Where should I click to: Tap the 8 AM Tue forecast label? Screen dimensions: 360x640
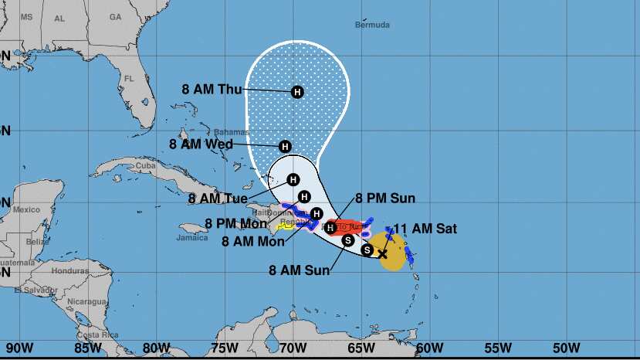pos(218,199)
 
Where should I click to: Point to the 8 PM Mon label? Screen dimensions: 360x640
pos(235,223)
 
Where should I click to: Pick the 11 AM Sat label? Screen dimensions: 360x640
pos(425,228)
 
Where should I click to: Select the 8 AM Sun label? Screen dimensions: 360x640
pos(299,270)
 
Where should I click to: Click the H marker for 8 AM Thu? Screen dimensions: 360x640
pos(298,92)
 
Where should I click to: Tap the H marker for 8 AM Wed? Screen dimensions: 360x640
pos(285,146)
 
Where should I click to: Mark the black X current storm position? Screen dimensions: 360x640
pos(382,253)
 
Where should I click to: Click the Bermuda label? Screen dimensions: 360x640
pos(372,25)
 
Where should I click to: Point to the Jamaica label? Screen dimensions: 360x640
pos(192,237)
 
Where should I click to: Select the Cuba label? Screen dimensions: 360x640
pos(146,165)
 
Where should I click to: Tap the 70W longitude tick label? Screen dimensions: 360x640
pos(292,348)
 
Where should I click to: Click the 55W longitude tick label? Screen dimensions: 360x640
pos(498,348)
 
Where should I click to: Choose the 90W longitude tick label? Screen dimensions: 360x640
pos(17,348)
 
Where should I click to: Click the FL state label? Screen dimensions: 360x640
pos(130,78)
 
